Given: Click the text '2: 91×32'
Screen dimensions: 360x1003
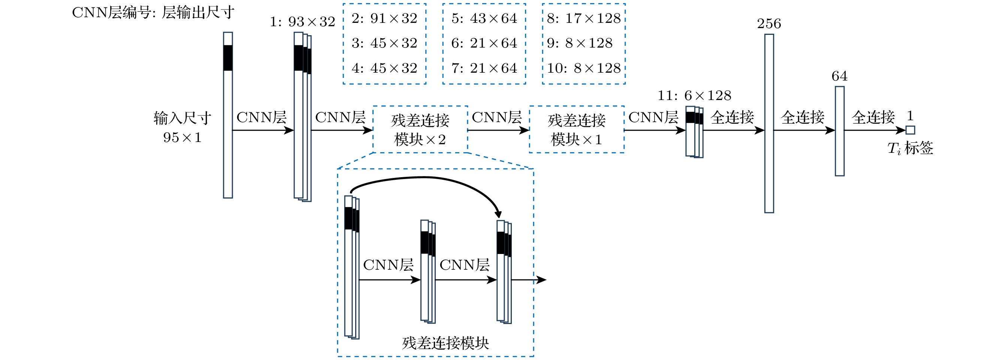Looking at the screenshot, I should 384,18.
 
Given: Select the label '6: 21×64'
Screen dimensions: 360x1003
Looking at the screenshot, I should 484,43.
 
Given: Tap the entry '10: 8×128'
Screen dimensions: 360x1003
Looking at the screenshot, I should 584,68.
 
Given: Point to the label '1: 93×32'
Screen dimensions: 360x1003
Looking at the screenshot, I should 302,22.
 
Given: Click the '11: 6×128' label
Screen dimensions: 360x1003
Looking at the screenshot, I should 694,96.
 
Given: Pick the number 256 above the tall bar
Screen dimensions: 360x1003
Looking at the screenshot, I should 769,24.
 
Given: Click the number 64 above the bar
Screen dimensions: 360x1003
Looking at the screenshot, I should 840,76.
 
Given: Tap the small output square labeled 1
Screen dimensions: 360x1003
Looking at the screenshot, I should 910,130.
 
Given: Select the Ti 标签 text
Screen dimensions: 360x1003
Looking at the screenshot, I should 910,148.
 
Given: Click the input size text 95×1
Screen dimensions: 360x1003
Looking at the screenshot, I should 182,137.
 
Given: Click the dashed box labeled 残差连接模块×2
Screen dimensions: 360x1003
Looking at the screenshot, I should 420,129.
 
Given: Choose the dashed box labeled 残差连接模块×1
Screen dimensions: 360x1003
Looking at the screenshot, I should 577,129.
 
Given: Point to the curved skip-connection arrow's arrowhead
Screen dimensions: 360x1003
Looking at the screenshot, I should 498,214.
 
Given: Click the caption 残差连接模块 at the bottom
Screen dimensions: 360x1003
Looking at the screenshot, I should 445,343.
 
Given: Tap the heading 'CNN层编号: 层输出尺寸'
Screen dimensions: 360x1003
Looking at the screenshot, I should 153,12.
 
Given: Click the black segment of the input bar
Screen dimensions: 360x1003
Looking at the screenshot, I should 228,58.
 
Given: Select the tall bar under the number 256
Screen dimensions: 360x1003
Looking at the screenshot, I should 769,123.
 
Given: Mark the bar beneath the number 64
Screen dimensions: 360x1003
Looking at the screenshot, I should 840,131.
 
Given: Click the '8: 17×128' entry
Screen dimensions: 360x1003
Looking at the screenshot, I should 584,18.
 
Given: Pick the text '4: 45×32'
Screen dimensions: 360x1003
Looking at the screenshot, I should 384,68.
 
